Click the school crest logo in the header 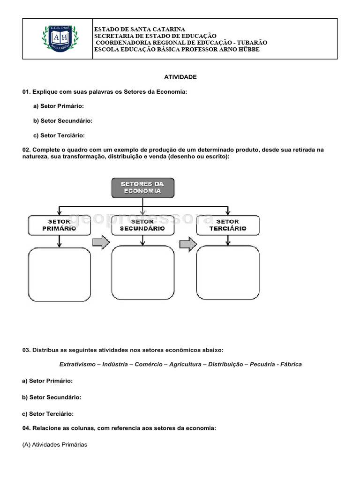point(58,39)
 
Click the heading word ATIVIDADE point(180,77)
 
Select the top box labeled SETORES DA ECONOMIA point(142,187)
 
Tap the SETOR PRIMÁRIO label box point(59,225)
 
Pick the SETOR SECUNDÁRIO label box point(142,225)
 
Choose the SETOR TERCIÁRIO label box point(228,225)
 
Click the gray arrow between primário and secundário point(101,243)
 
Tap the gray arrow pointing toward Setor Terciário point(188,244)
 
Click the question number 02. point(26,150)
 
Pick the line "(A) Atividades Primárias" point(55,444)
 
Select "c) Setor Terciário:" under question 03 point(48,414)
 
